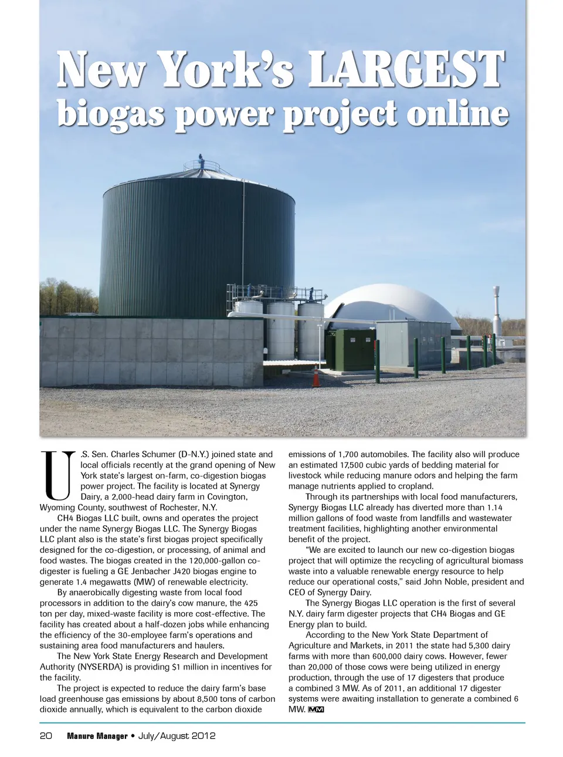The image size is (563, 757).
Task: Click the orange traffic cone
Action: pos(317,377)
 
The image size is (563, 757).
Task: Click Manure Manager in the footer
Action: pos(97,736)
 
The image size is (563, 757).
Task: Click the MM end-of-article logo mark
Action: pos(316,710)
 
